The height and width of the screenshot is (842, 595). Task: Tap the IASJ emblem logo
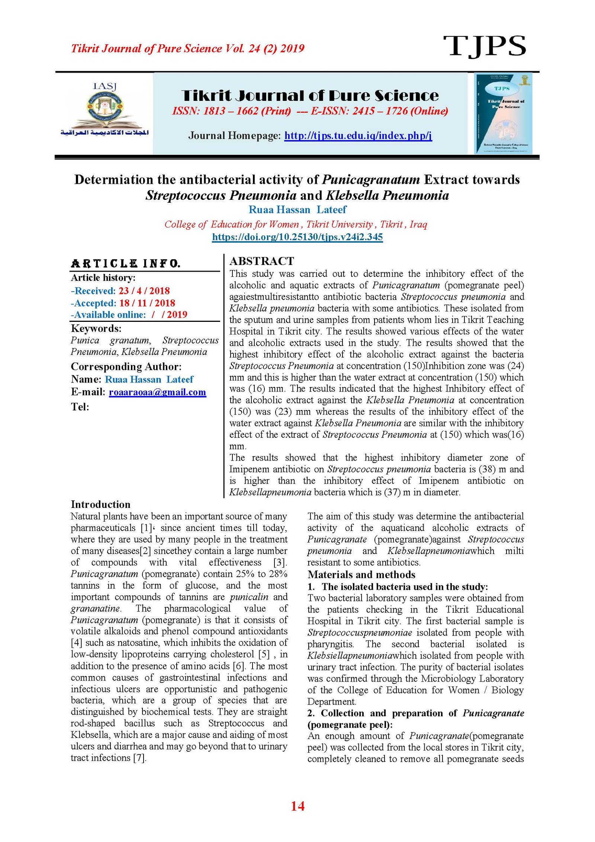coord(105,108)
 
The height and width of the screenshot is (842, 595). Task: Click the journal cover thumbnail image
coord(503,113)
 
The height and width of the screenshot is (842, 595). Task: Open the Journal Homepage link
coord(358,135)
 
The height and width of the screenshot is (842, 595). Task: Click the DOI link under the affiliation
coord(297,237)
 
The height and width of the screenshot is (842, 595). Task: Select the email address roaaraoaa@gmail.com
coord(157,392)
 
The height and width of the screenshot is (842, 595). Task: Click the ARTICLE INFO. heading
coord(126,263)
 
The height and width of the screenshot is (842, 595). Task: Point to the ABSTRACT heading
coord(262,261)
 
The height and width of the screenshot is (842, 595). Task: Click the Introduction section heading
coord(100,505)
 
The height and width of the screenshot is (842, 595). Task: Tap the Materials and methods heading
coord(361,574)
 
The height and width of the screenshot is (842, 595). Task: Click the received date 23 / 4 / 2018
coord(144,291)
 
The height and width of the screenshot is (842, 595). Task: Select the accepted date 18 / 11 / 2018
coord(147,303)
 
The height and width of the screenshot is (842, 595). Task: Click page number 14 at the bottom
coord(297,806)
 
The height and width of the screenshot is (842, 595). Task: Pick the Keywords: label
coord(96,329)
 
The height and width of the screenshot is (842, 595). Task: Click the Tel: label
coord(80,407)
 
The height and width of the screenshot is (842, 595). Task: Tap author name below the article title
coord(297,210)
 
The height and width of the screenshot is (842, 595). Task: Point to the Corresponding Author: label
coord(126,366)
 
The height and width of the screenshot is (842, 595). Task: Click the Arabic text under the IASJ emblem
coord(105,132)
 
